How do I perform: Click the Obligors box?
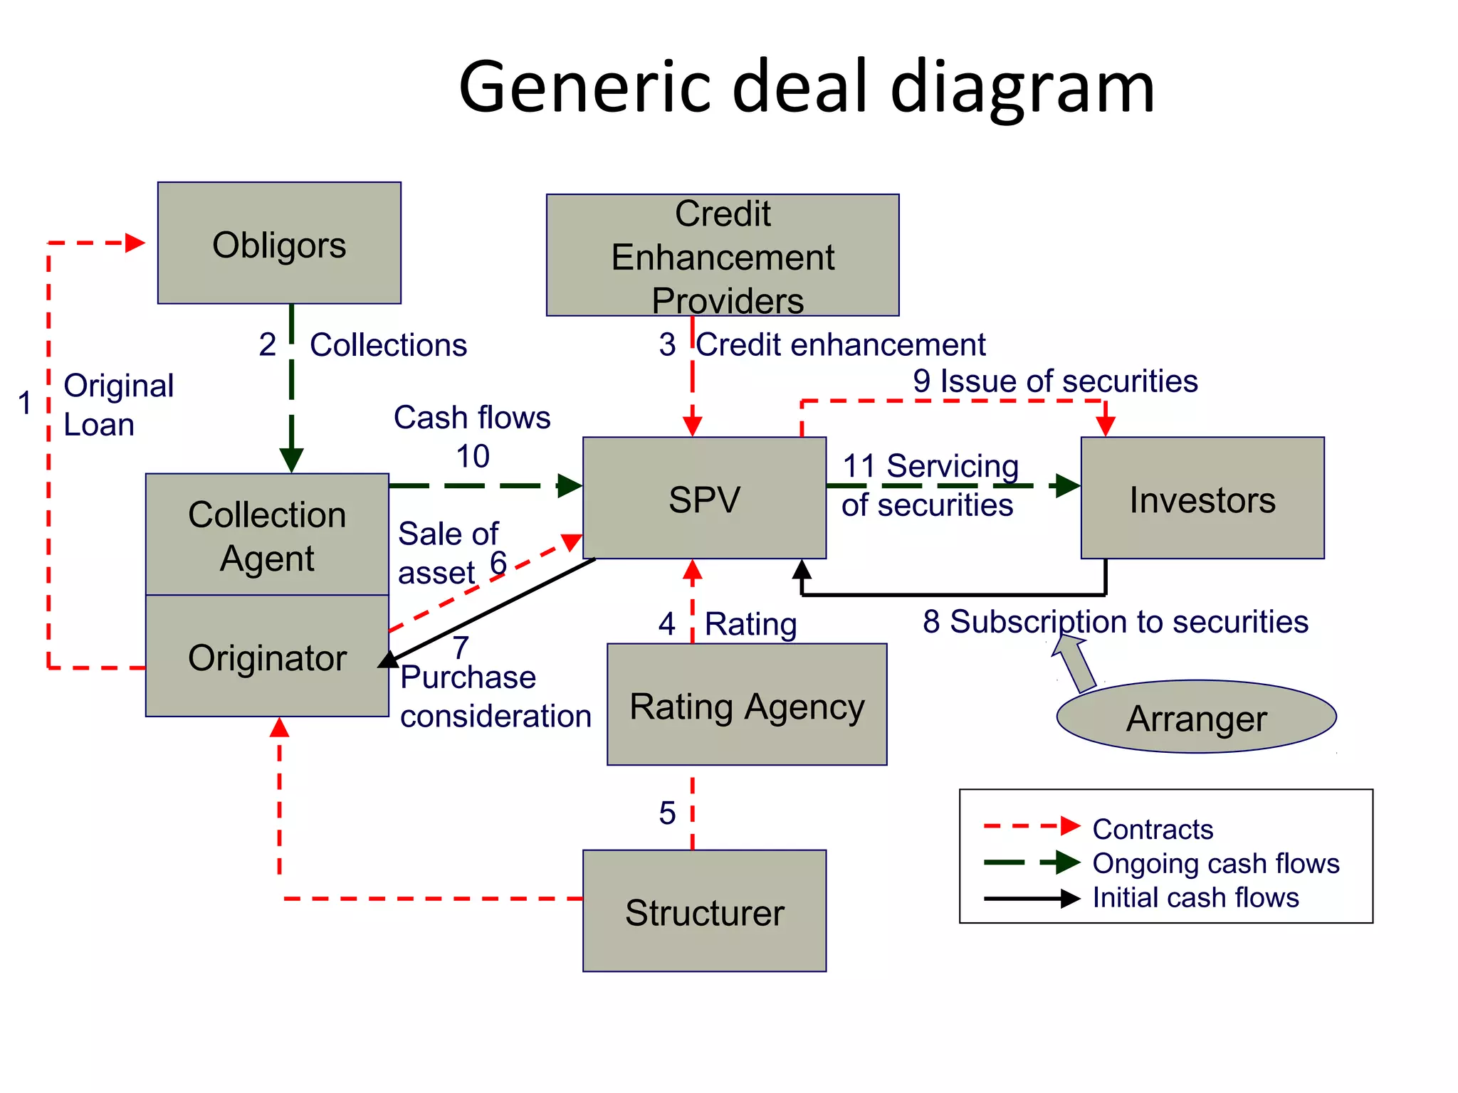(279, 243)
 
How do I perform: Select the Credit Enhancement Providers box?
(722, 255)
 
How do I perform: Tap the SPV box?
(704, 498)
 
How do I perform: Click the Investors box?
(1202, 498)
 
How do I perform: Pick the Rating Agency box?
(746, 704)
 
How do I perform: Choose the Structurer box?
(704, 911)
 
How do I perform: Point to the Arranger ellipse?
(1196, 717)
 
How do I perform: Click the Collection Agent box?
(267, 534)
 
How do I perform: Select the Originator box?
(267, 656)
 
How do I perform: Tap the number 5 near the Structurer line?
(667, 813)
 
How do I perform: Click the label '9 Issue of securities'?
(1055, 381)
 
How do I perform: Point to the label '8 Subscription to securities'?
(1115, 621)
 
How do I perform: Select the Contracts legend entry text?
(1153, 829)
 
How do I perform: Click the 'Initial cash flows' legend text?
(1195, 897)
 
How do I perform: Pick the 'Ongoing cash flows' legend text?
(1215, 863)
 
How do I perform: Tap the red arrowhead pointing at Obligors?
(135, 243)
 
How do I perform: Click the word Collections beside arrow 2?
(388, 345)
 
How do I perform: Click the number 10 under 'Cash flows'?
(473, 456)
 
